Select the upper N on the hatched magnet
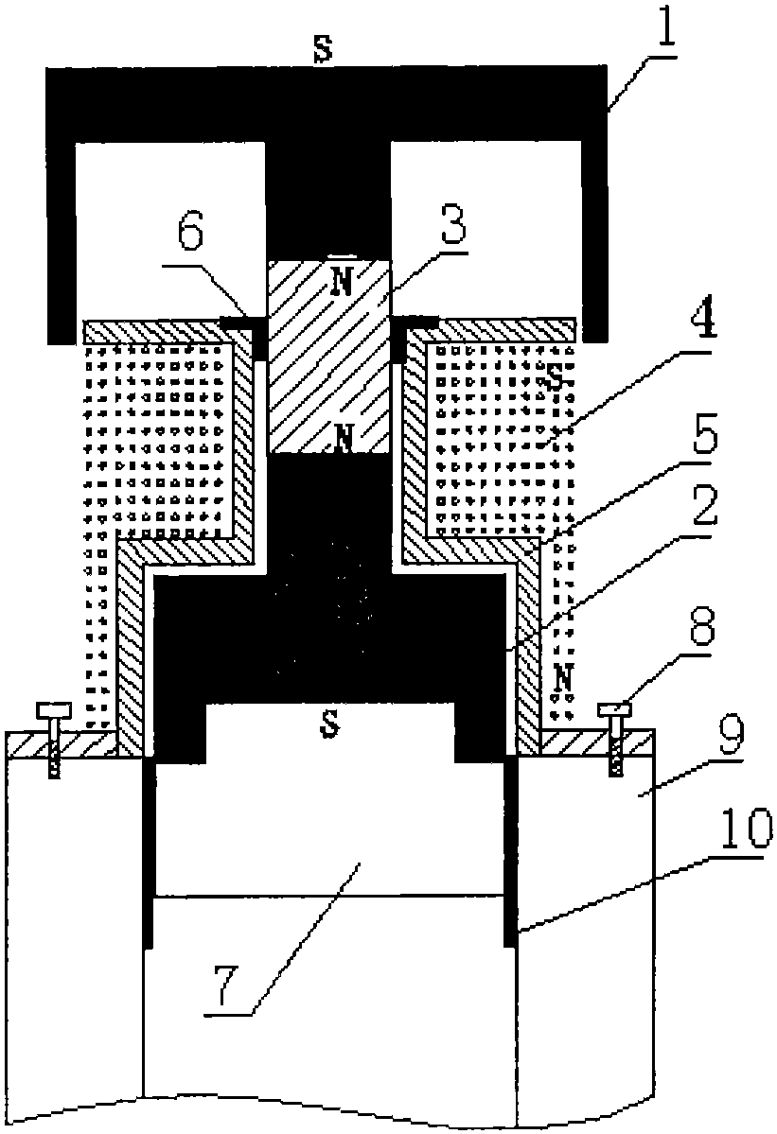coord(343,283)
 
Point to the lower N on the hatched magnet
coord(345,436)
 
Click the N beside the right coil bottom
coord(563,677)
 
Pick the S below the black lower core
coord(329,724)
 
